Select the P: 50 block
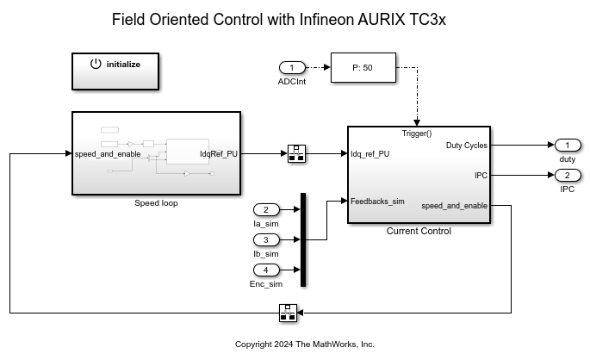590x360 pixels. (363, 67)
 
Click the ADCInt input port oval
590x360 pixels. (292, 67)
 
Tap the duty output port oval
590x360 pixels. (567, 145)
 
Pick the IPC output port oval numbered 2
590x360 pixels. (567, 176)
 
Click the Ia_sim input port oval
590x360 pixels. (266, 209)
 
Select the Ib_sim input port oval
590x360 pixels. (266, 239)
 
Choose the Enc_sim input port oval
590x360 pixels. (266, 270)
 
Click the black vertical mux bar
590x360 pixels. (303, 239)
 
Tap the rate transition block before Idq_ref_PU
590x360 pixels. (295, 154)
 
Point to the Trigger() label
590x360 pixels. (417, 133)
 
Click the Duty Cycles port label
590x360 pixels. (466, 146)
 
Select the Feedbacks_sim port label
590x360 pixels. (377, 202)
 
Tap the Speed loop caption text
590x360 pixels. (156, 203)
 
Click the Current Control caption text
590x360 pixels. (419, 231)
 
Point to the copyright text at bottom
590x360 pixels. (305, 344)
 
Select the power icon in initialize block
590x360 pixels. (96, 64)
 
